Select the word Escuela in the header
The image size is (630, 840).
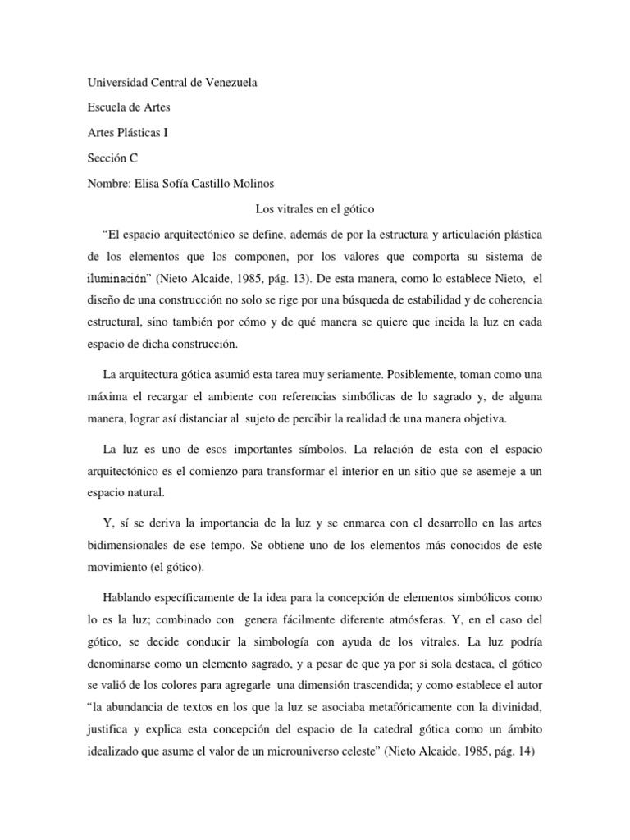coord(107,107)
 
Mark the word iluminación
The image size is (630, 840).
coord(118,278)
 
